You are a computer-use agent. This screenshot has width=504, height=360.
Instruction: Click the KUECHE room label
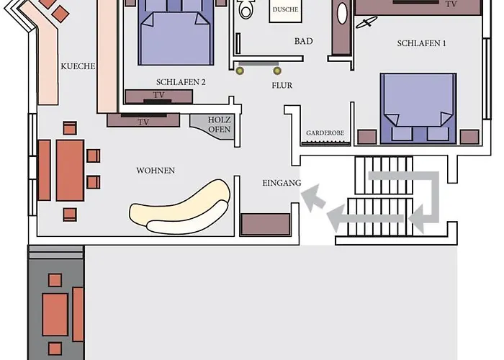[78, 66]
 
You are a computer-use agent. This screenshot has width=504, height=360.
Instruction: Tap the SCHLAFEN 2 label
[181, 82]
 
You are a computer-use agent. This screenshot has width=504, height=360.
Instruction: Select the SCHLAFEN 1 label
[422, 43]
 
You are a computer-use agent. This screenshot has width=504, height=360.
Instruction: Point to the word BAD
[303, 41]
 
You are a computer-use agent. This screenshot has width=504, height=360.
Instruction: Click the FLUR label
[282, 86]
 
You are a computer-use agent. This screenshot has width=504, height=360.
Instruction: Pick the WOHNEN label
[156, 171]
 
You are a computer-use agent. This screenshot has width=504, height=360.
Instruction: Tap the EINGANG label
[282, 183]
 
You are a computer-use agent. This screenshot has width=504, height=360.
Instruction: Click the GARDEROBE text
[325, 132]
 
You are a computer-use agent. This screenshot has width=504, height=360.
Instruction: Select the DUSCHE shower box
[285, 10]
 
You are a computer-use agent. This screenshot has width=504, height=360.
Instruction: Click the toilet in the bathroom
[246, 9]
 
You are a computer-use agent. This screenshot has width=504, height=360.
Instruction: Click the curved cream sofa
[180, 207]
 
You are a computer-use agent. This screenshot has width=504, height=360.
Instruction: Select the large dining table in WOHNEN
[70, 171]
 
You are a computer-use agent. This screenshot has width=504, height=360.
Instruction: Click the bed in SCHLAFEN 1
[418, 108]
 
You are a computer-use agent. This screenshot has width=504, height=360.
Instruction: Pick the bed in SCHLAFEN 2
[176, 32]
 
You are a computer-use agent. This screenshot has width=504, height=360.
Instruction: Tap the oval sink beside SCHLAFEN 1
[342, 14]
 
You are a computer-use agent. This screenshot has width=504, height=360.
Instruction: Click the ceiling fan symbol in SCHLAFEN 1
[366, 22]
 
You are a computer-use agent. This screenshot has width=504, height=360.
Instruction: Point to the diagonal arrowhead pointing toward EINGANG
[313, 197]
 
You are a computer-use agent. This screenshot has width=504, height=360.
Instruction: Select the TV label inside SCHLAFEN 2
[159, 95]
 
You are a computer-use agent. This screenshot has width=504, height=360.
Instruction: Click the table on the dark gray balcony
[55, 315]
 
